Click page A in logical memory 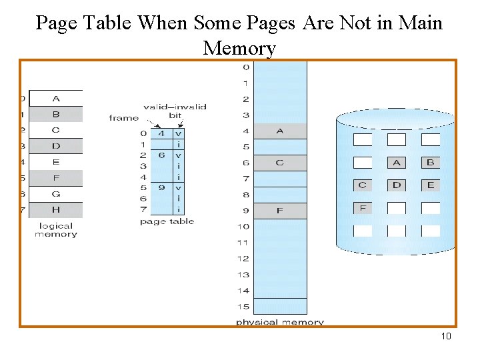point(56,98)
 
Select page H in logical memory point(56,210)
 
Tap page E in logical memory point(56,162)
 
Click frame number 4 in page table point(162,133)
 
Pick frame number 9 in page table point(162,188)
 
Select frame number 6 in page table point(162,155)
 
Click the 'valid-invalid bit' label point(175,111)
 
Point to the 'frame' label point(123,118)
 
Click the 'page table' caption point(167,221)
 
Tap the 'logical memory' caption point(56,230)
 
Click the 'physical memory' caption point(279,323)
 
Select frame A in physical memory point(280,131)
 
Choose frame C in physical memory point(280,163)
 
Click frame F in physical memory point(280,211)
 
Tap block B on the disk point(430,163)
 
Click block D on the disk point(397,185)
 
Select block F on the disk point(363,207)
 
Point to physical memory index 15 point(243,307)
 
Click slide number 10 point(446,336)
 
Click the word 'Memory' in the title point(239,48)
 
